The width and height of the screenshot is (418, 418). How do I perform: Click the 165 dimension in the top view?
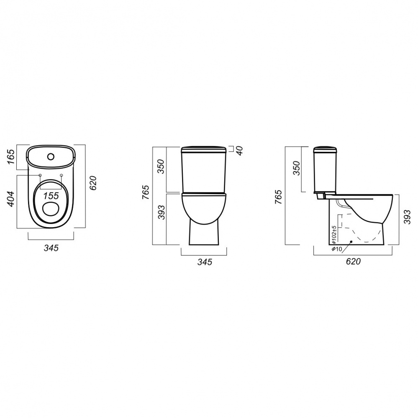11,157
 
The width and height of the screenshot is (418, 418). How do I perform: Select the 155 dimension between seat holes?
51,196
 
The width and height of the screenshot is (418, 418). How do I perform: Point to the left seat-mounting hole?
40,175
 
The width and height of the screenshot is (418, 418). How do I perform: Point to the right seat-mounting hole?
62,175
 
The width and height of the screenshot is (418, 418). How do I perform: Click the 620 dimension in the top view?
93,183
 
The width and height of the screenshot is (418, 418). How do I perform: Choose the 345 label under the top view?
51,248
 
